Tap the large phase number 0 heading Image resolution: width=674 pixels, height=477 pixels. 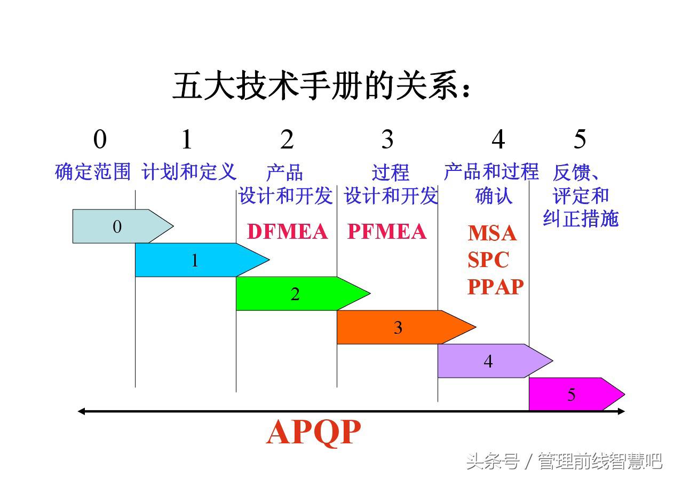coord(100,140)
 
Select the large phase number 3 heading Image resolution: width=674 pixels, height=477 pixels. coord(387,140)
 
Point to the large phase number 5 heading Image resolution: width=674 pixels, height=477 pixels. coord(580,140)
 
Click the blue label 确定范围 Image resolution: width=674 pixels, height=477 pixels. coord(93,172)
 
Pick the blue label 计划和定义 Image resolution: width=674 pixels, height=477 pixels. coord(189,172)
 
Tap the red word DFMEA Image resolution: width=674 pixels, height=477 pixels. coord(287,232)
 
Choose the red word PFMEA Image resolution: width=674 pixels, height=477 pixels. coord(387,232)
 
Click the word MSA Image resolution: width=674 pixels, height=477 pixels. coord(492,233)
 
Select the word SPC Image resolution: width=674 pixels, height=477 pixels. coord(488,260)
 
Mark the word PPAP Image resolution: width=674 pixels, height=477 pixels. coord(495,287)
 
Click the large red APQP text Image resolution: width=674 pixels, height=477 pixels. coord(313,433)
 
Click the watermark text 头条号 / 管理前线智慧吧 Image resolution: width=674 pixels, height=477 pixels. coord(564,460)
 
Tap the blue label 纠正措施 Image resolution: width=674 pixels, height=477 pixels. coord(581,219)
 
